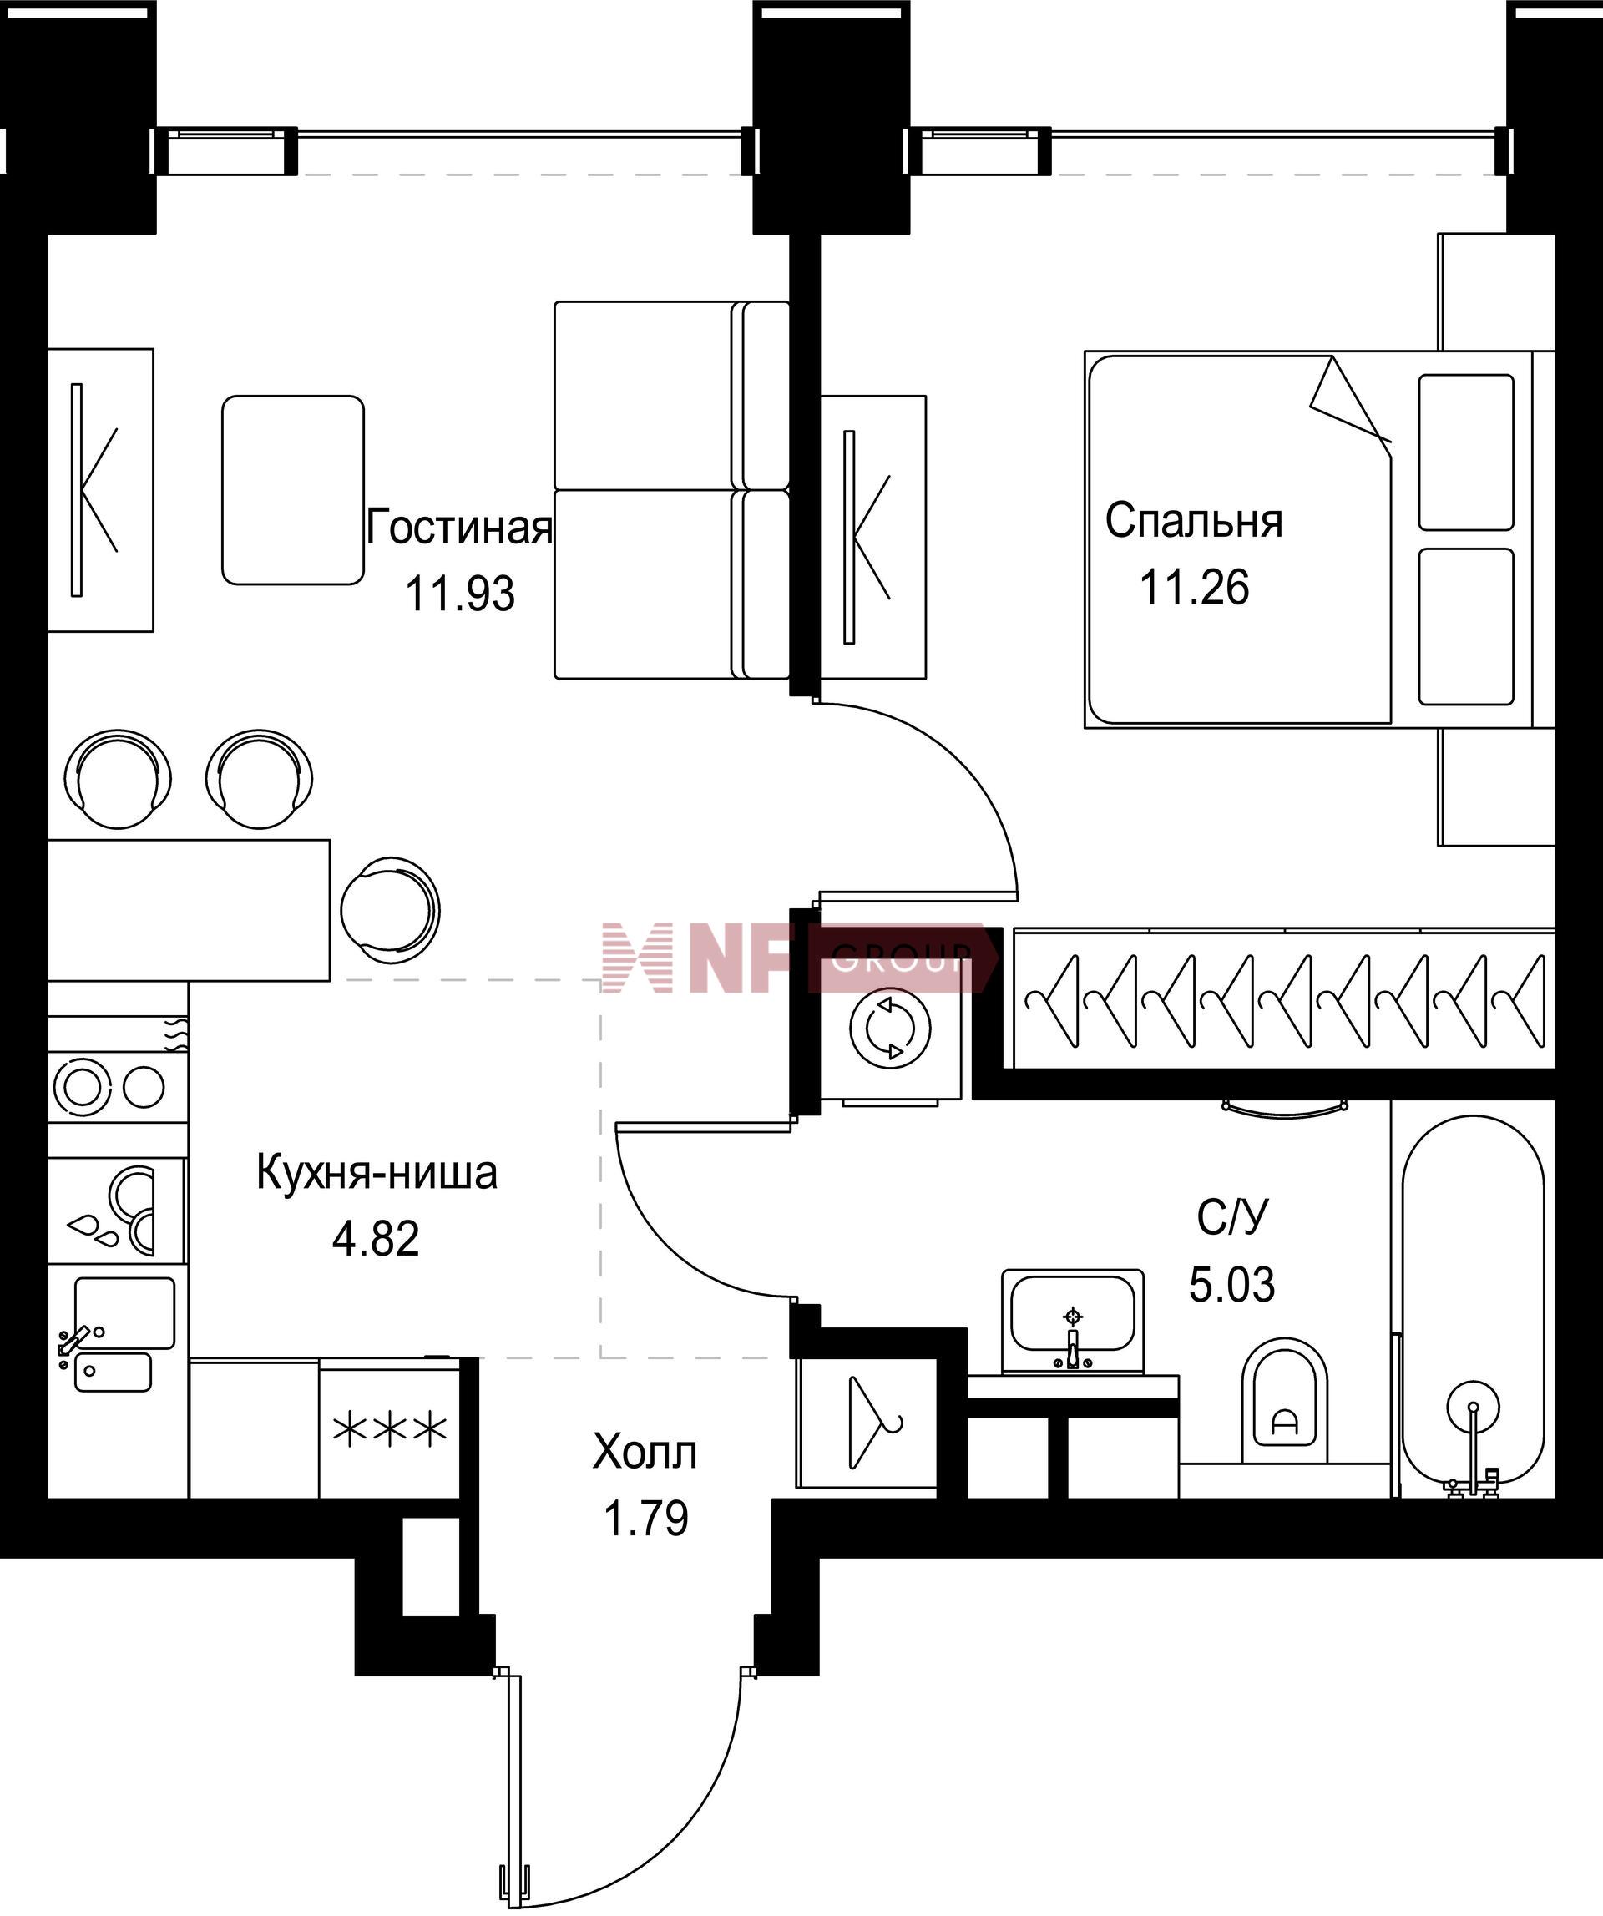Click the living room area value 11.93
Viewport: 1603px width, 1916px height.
pos(460,594)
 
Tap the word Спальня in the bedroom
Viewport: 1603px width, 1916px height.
pos(1193,521)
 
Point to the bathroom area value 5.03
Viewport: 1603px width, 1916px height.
pos(1231,1285)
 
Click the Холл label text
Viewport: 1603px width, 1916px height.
pos(645,1453)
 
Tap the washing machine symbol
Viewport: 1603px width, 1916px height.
pos(891,1029)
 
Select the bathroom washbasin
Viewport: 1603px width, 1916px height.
pos(1073,1321)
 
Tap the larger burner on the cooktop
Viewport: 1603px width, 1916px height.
pos(82,1085)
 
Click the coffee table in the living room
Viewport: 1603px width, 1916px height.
pos(293,490)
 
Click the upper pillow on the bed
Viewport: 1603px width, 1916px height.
pos(1466,452)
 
